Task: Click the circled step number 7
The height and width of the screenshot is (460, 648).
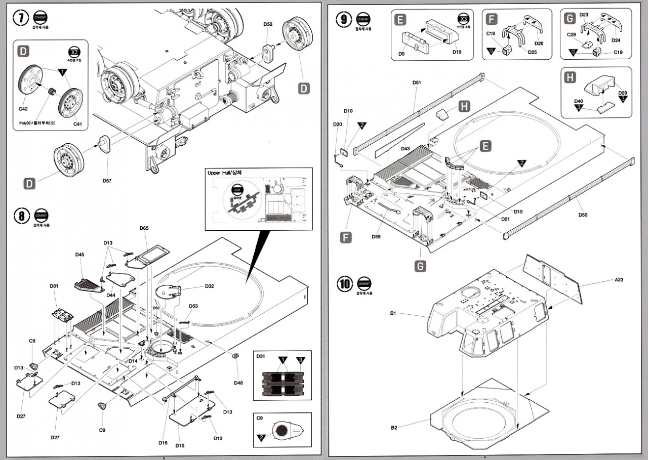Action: pyautogui.click(x=21, y=17)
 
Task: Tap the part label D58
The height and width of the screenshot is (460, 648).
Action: pyautogui.click(x=268, y=24)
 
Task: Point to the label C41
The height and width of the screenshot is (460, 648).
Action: pyautogui.click(x=77, y=124)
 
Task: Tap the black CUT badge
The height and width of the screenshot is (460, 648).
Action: pyautogui.click(x=237, y=190)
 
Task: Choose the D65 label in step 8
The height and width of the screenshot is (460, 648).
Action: pyautogui.click(x=144, y=229)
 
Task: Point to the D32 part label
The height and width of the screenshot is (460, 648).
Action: pyautogui.click(x=210, y=286)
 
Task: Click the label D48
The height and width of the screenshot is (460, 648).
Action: pyautogui.click(x=238, y=383)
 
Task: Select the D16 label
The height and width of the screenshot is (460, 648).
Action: pyautogui.click(x=163, y=443)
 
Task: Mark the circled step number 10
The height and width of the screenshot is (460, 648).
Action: pyautogui.click(x=345, y=284)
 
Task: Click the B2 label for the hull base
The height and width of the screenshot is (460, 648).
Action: pyautogui.click(x=394, y=428)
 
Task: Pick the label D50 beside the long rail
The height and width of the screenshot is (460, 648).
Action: pyautogui.click(x=583, y=216)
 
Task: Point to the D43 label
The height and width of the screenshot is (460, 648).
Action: pyautogui.click(x=406, y=148)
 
